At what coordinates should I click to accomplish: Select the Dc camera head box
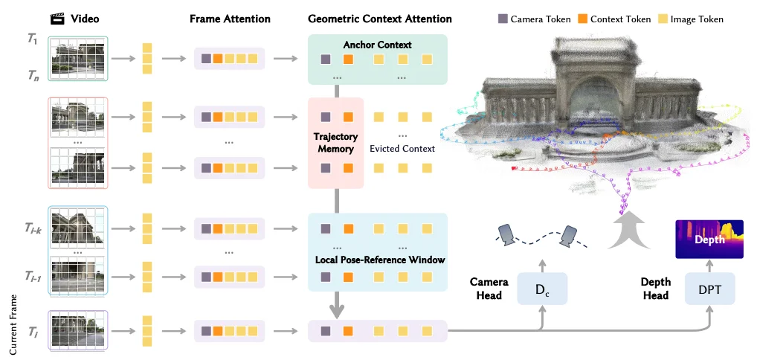[543, 288]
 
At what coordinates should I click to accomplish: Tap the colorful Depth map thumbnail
[709, 239]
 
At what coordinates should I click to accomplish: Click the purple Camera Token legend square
[503, 19]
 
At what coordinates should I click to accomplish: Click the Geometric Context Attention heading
[379, 19]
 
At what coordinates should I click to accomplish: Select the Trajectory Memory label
[336, 143]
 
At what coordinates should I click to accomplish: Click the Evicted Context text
[402, 149]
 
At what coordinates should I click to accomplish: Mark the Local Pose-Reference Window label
[379, 260]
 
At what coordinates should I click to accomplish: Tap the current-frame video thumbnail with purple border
[79, 330]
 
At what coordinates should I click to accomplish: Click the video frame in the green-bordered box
[79, 59]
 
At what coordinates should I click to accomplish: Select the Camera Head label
[489, 289]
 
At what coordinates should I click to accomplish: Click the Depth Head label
[656, 289]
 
